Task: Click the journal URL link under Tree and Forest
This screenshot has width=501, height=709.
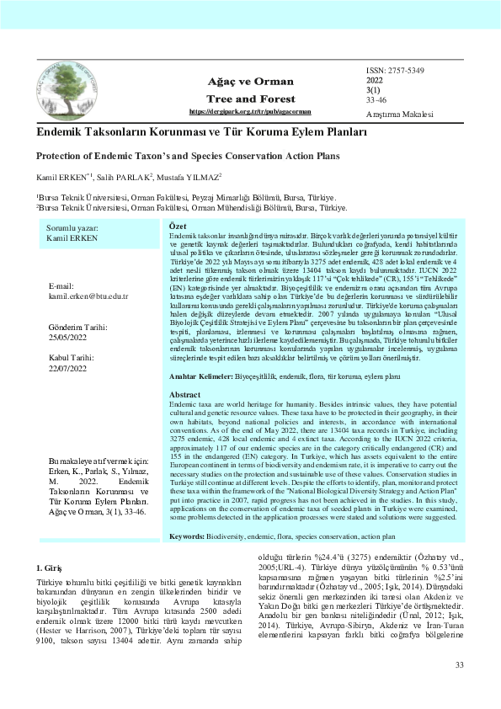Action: click(250, 111)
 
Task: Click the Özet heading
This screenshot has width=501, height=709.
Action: click(178, 227)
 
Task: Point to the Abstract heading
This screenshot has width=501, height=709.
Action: click(185, 394)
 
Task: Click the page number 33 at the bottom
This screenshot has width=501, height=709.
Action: click(460, 665)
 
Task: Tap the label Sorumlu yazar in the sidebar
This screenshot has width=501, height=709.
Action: click(72, 229)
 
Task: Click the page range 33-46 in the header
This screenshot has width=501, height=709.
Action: click(376, 100)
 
